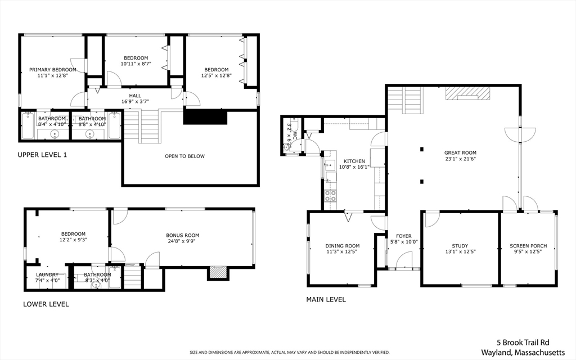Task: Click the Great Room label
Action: coord(460,153)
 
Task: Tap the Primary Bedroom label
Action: coord(53,70)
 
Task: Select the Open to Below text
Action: coord(184,156)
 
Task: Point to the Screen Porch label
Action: coord(528,246)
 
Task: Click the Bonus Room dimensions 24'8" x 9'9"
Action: coord(183,241)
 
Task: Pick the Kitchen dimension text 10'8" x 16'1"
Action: coord(354,166)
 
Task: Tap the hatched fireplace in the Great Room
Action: coord(468,93)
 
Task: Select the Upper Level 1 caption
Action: coord(42,155)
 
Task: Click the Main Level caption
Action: coord(326,300)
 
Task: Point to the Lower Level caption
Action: coord(46,304)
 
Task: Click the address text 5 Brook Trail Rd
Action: coord(523,343)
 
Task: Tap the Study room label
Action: coord(460,246)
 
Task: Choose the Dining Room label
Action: coord(343,246)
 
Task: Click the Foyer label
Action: coord(404,236)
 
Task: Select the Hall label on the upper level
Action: coord(135,96)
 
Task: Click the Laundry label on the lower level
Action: coord(47,274)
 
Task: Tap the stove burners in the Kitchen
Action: coord(330,196)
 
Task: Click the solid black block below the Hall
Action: coord(205,117)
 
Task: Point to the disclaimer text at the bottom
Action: coord(290,353)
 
